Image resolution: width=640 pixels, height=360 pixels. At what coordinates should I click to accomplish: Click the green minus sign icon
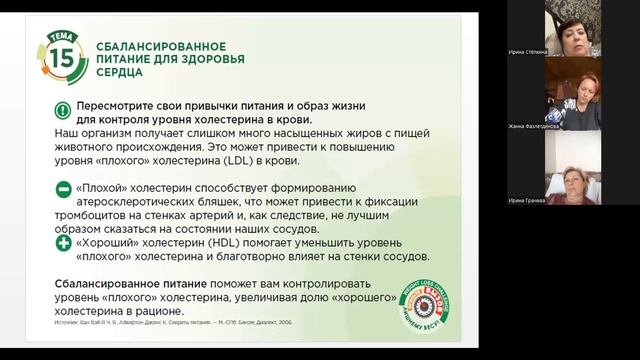tap(62, 187)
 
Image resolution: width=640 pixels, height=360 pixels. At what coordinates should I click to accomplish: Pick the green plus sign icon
tap(62, 242)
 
